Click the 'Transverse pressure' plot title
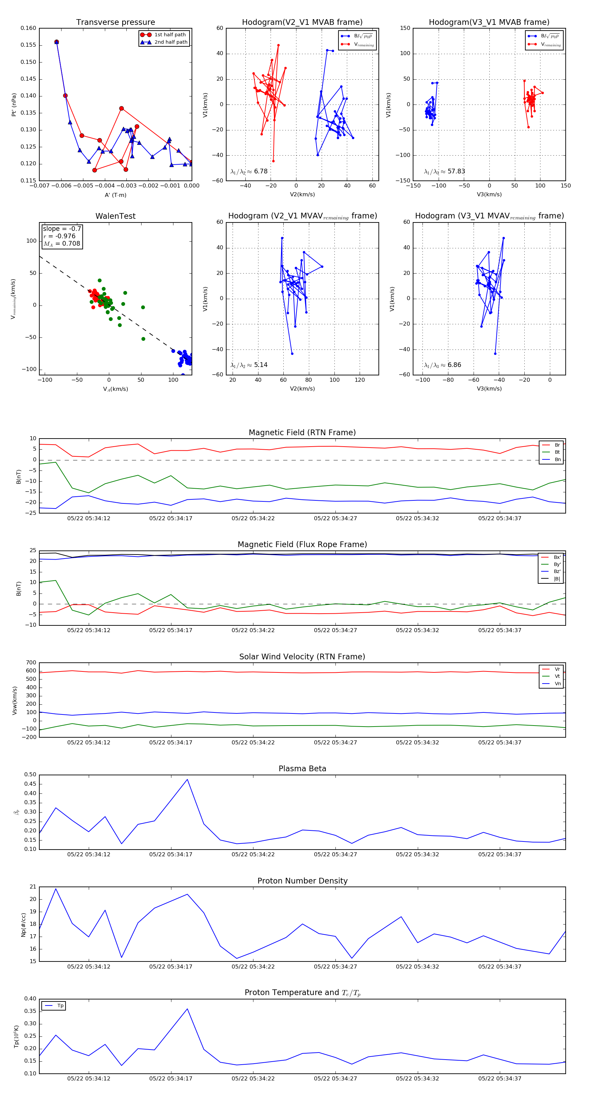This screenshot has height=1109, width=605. [x=115, y=23]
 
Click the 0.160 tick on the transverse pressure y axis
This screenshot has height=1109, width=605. [x=29, y=29]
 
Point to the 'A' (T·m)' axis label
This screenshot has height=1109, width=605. [x=115, y=195]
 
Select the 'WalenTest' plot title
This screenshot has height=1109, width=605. [x=115, y=216]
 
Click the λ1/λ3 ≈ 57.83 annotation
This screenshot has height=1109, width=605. [x=444, y=171]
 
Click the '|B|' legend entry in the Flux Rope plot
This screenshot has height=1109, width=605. [x=556, y=579]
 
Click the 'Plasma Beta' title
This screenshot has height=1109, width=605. [x=302, y=769]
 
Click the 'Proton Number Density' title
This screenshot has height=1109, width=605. [x=302, y=881]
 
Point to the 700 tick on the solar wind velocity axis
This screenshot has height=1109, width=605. [x=31, y=663]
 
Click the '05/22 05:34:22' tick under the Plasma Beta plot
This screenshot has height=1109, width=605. [x=253, y=854]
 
